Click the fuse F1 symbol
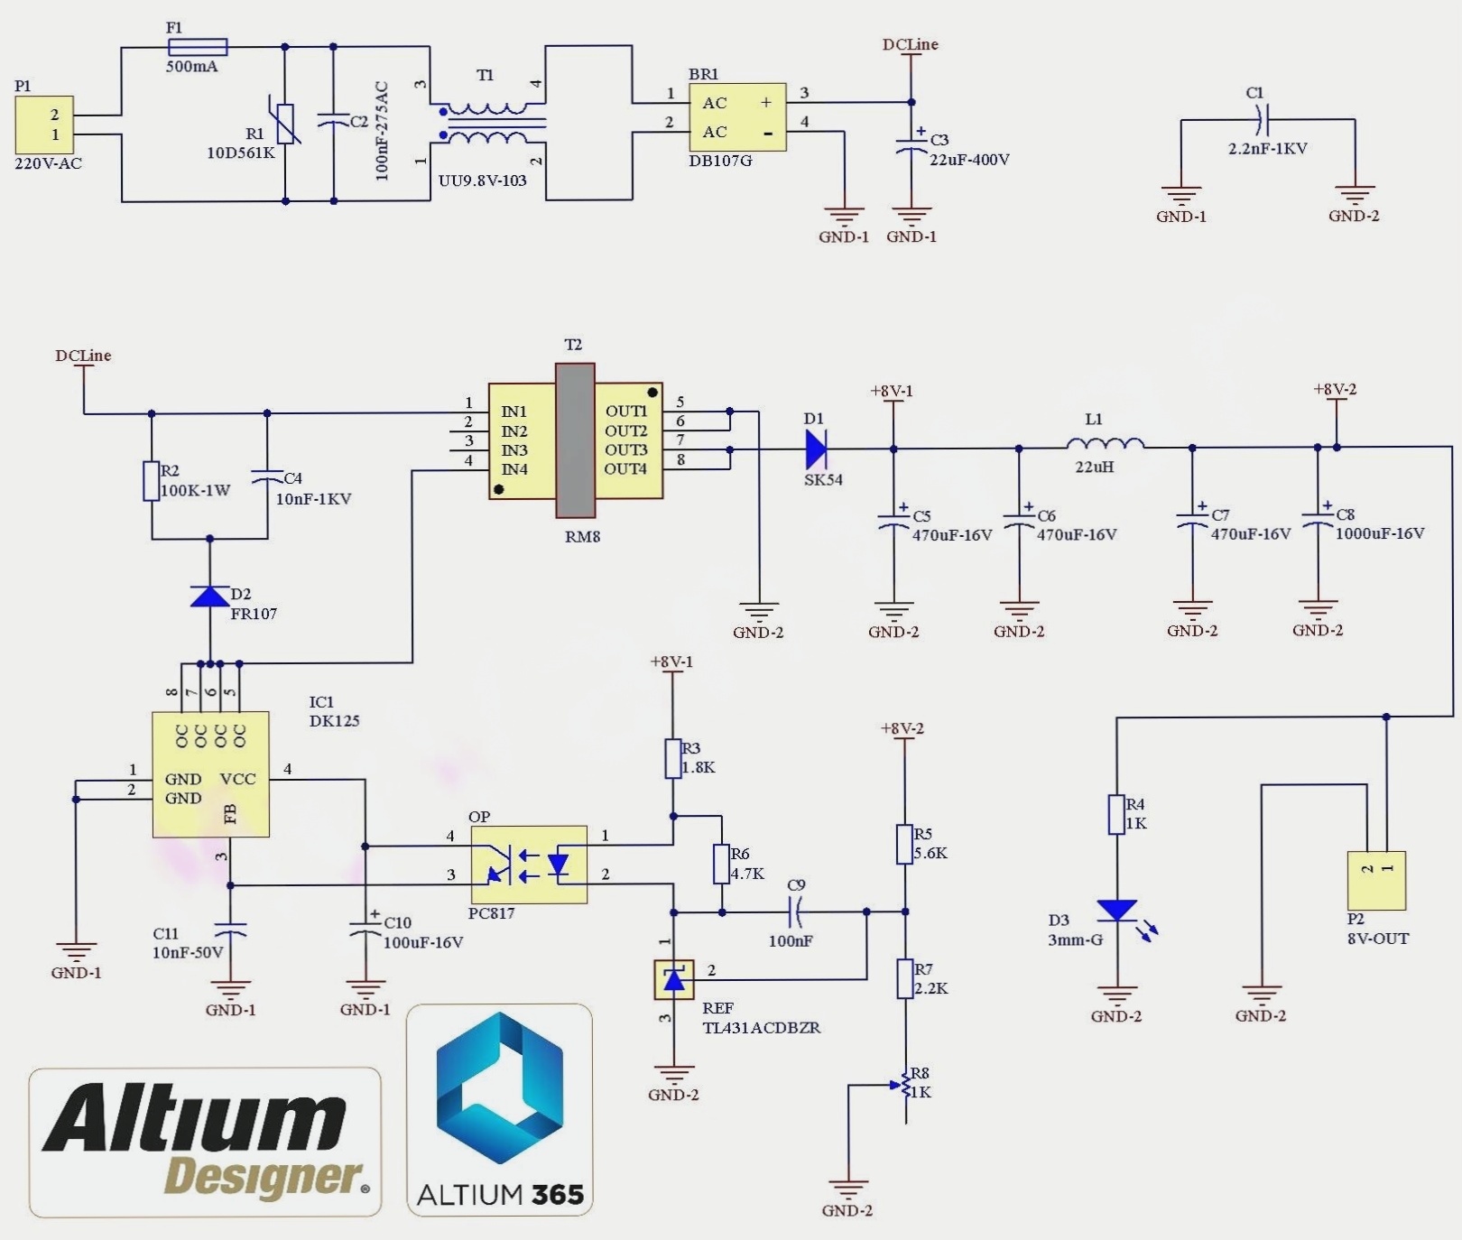click(198, 47)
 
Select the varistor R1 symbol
click(286, 124)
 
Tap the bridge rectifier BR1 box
click(737, 117)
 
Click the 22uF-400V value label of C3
click(969, 160)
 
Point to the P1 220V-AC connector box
click(44, 125)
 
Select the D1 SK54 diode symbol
click(816, 449)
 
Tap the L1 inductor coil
click(1105, 444)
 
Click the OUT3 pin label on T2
click(625, 449)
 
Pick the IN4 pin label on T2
click(514, 469)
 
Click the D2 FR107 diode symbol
click(210, 597)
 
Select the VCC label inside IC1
click(238, 779)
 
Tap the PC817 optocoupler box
click(529, 865)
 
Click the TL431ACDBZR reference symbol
click(673, 979)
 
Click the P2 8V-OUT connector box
click(1375, 880)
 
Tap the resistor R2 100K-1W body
click(152, 481)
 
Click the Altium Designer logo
click(205, 1142)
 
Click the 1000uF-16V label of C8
click(1379, 533)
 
